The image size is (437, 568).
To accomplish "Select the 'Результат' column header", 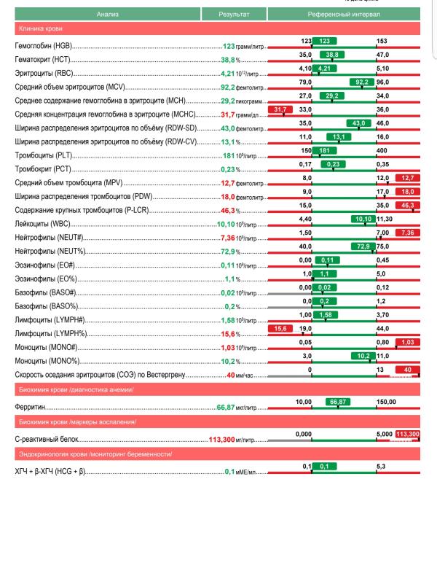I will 234,14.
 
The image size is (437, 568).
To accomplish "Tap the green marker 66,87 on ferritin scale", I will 336,401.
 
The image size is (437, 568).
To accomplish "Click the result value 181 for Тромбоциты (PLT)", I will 230,155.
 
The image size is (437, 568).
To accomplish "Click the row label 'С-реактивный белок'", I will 47,441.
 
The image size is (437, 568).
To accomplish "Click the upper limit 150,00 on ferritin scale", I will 387,401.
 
